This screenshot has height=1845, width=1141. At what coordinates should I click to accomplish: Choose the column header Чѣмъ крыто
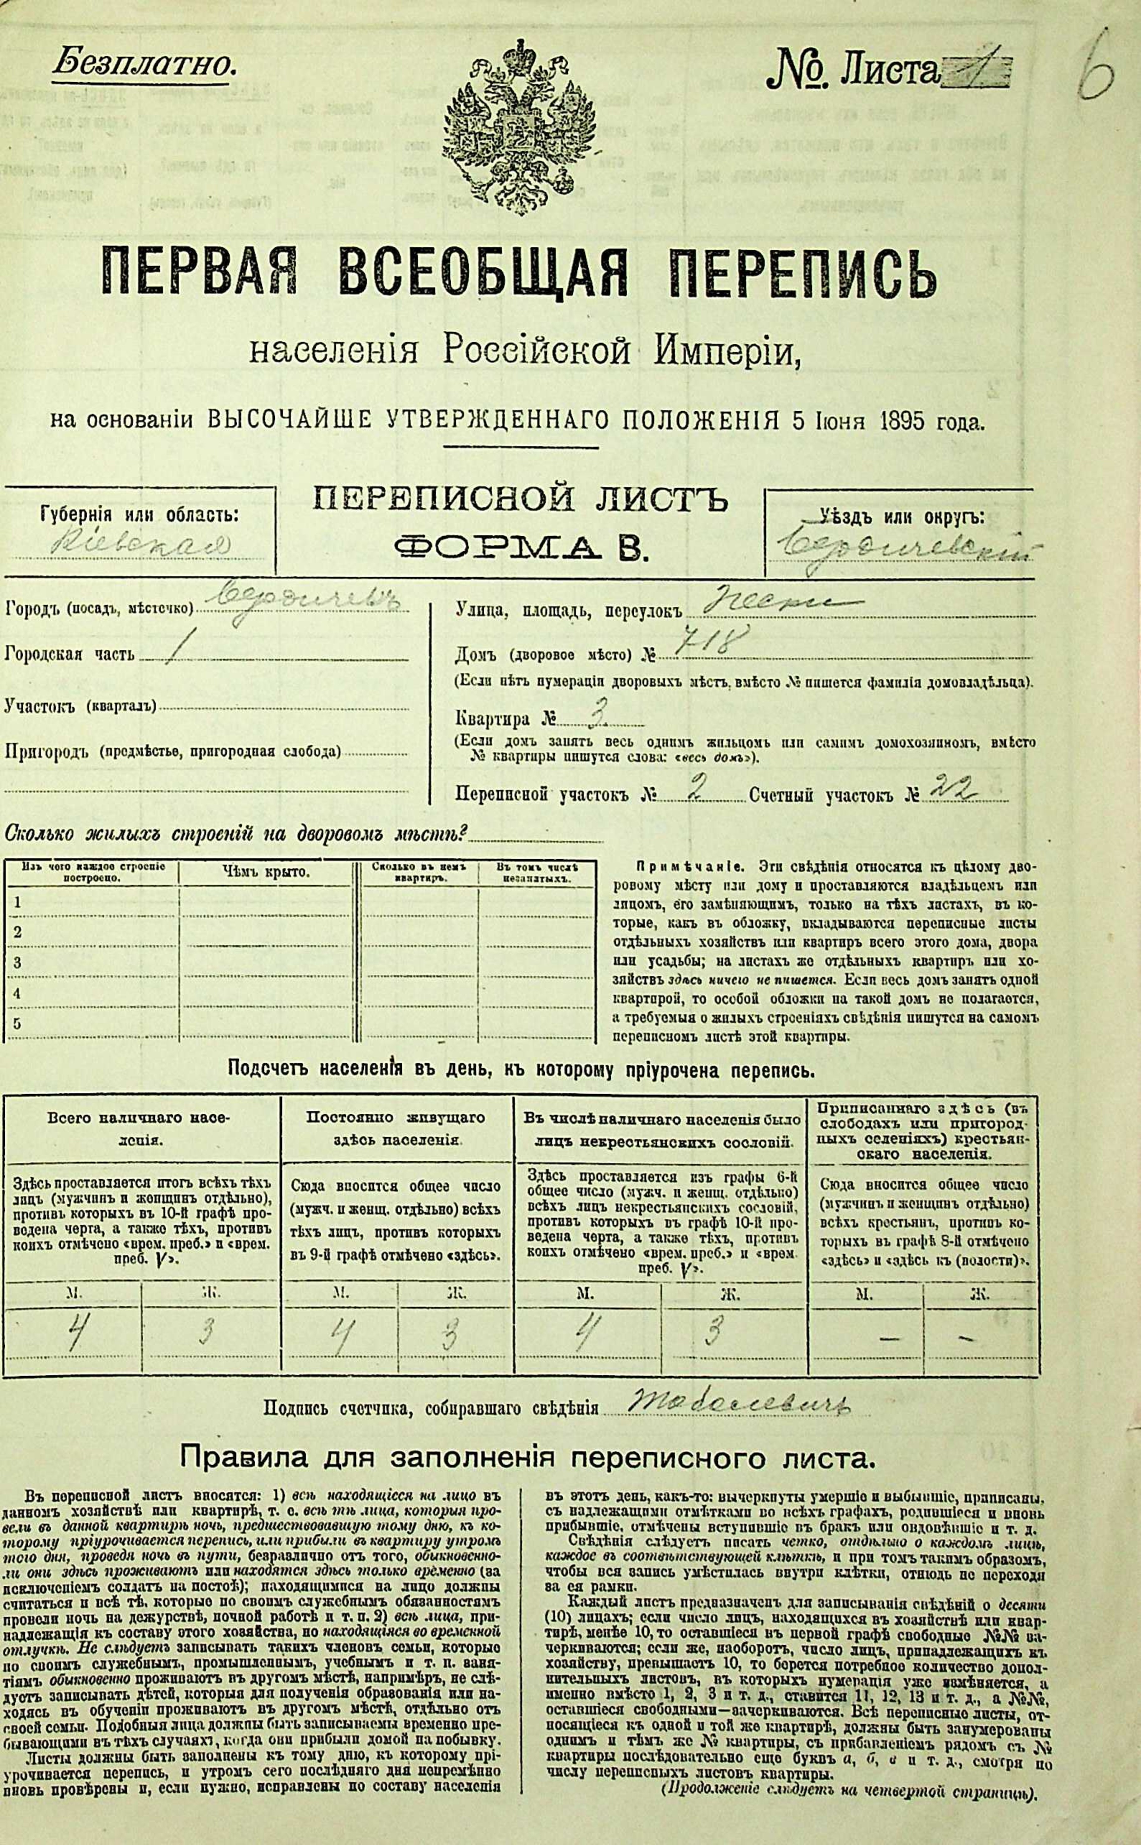point(266,873)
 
